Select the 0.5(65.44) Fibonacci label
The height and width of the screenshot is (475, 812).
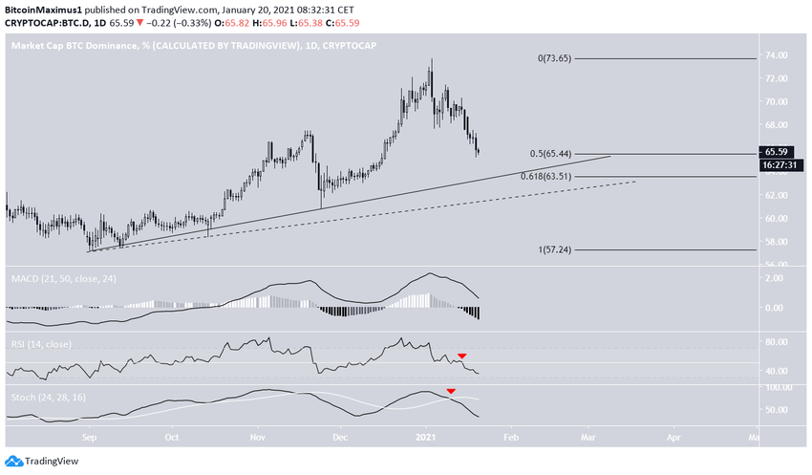(x=555, y=153)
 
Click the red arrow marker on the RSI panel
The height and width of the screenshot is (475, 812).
(x=462, y=356)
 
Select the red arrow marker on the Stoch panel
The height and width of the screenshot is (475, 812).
(x=451, y=392)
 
